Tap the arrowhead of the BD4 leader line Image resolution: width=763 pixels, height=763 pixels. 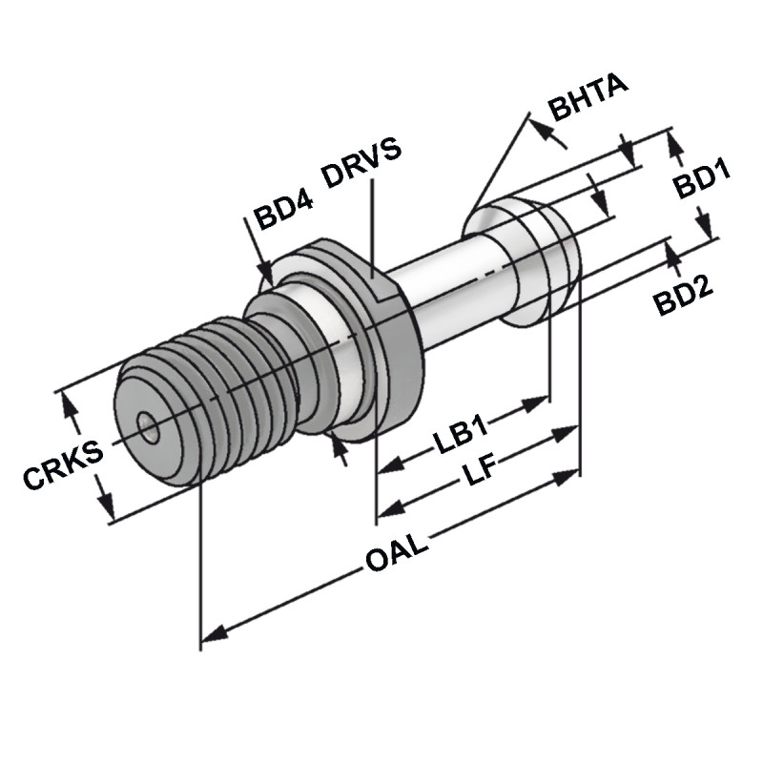pos(268,276)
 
